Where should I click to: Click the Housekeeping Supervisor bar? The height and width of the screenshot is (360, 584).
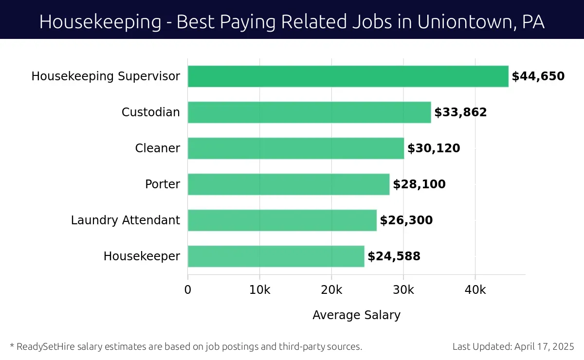348,76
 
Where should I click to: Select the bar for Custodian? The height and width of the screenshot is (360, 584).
309,112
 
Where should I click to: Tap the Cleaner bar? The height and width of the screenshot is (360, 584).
296,148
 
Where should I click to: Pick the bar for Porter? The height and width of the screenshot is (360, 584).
289,184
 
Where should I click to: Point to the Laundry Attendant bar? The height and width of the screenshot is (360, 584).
282,220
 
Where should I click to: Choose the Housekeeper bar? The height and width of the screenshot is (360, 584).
276,256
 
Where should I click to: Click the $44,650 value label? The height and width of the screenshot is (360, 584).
538,76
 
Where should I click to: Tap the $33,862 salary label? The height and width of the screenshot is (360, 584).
460,112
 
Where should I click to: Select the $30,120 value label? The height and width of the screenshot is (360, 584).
434,148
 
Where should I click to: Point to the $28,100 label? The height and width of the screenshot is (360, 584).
419,184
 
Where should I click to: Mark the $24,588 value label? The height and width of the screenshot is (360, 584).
394,256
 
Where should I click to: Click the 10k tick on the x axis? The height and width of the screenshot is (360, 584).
259,290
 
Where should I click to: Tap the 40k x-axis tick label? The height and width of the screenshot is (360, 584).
475,290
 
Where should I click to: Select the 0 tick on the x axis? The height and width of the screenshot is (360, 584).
188,290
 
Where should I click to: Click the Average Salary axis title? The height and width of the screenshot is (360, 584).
356,315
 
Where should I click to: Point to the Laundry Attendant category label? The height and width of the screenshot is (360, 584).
125,220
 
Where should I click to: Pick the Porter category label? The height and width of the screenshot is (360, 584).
162,184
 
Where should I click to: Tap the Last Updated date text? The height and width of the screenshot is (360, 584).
513,347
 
